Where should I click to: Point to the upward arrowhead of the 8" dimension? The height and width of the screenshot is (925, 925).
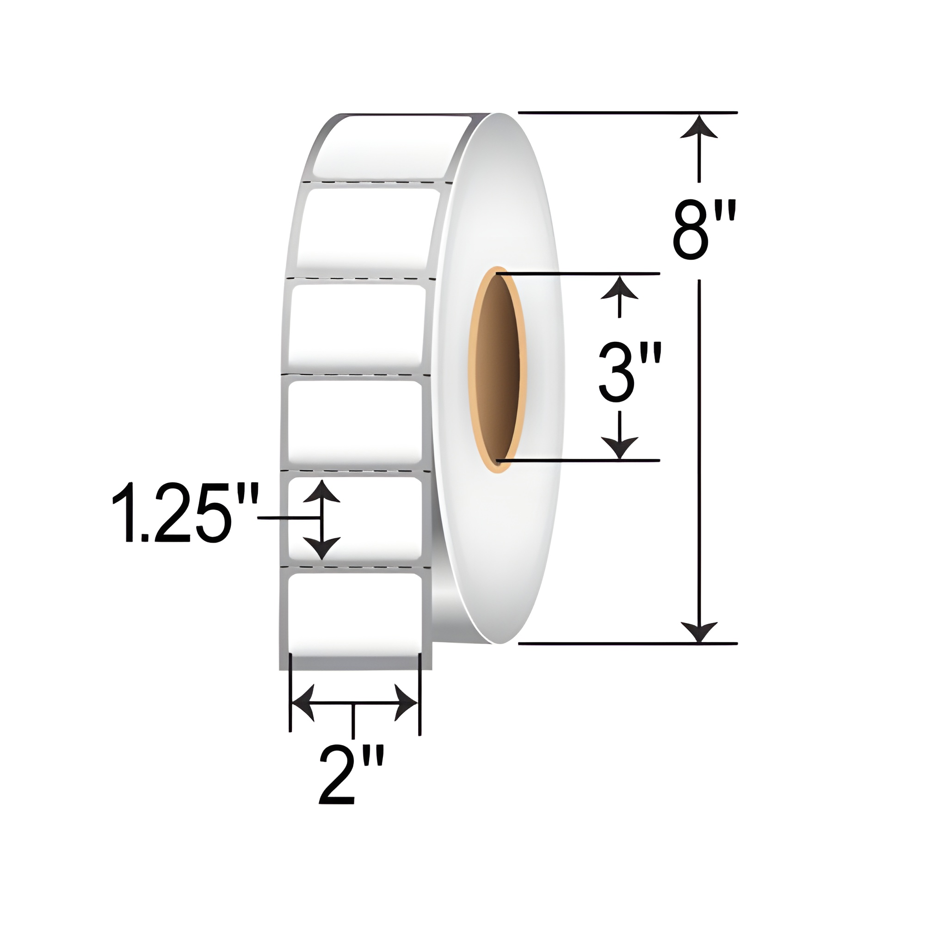click(699, 127)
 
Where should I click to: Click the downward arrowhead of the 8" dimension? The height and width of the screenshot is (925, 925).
click(699, 631)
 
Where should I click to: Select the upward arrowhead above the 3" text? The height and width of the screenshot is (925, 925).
click(620, 287)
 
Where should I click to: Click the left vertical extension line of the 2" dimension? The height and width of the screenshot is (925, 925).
click(290, 694)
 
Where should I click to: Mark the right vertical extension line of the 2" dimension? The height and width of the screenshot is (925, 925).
click(419, 694)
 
